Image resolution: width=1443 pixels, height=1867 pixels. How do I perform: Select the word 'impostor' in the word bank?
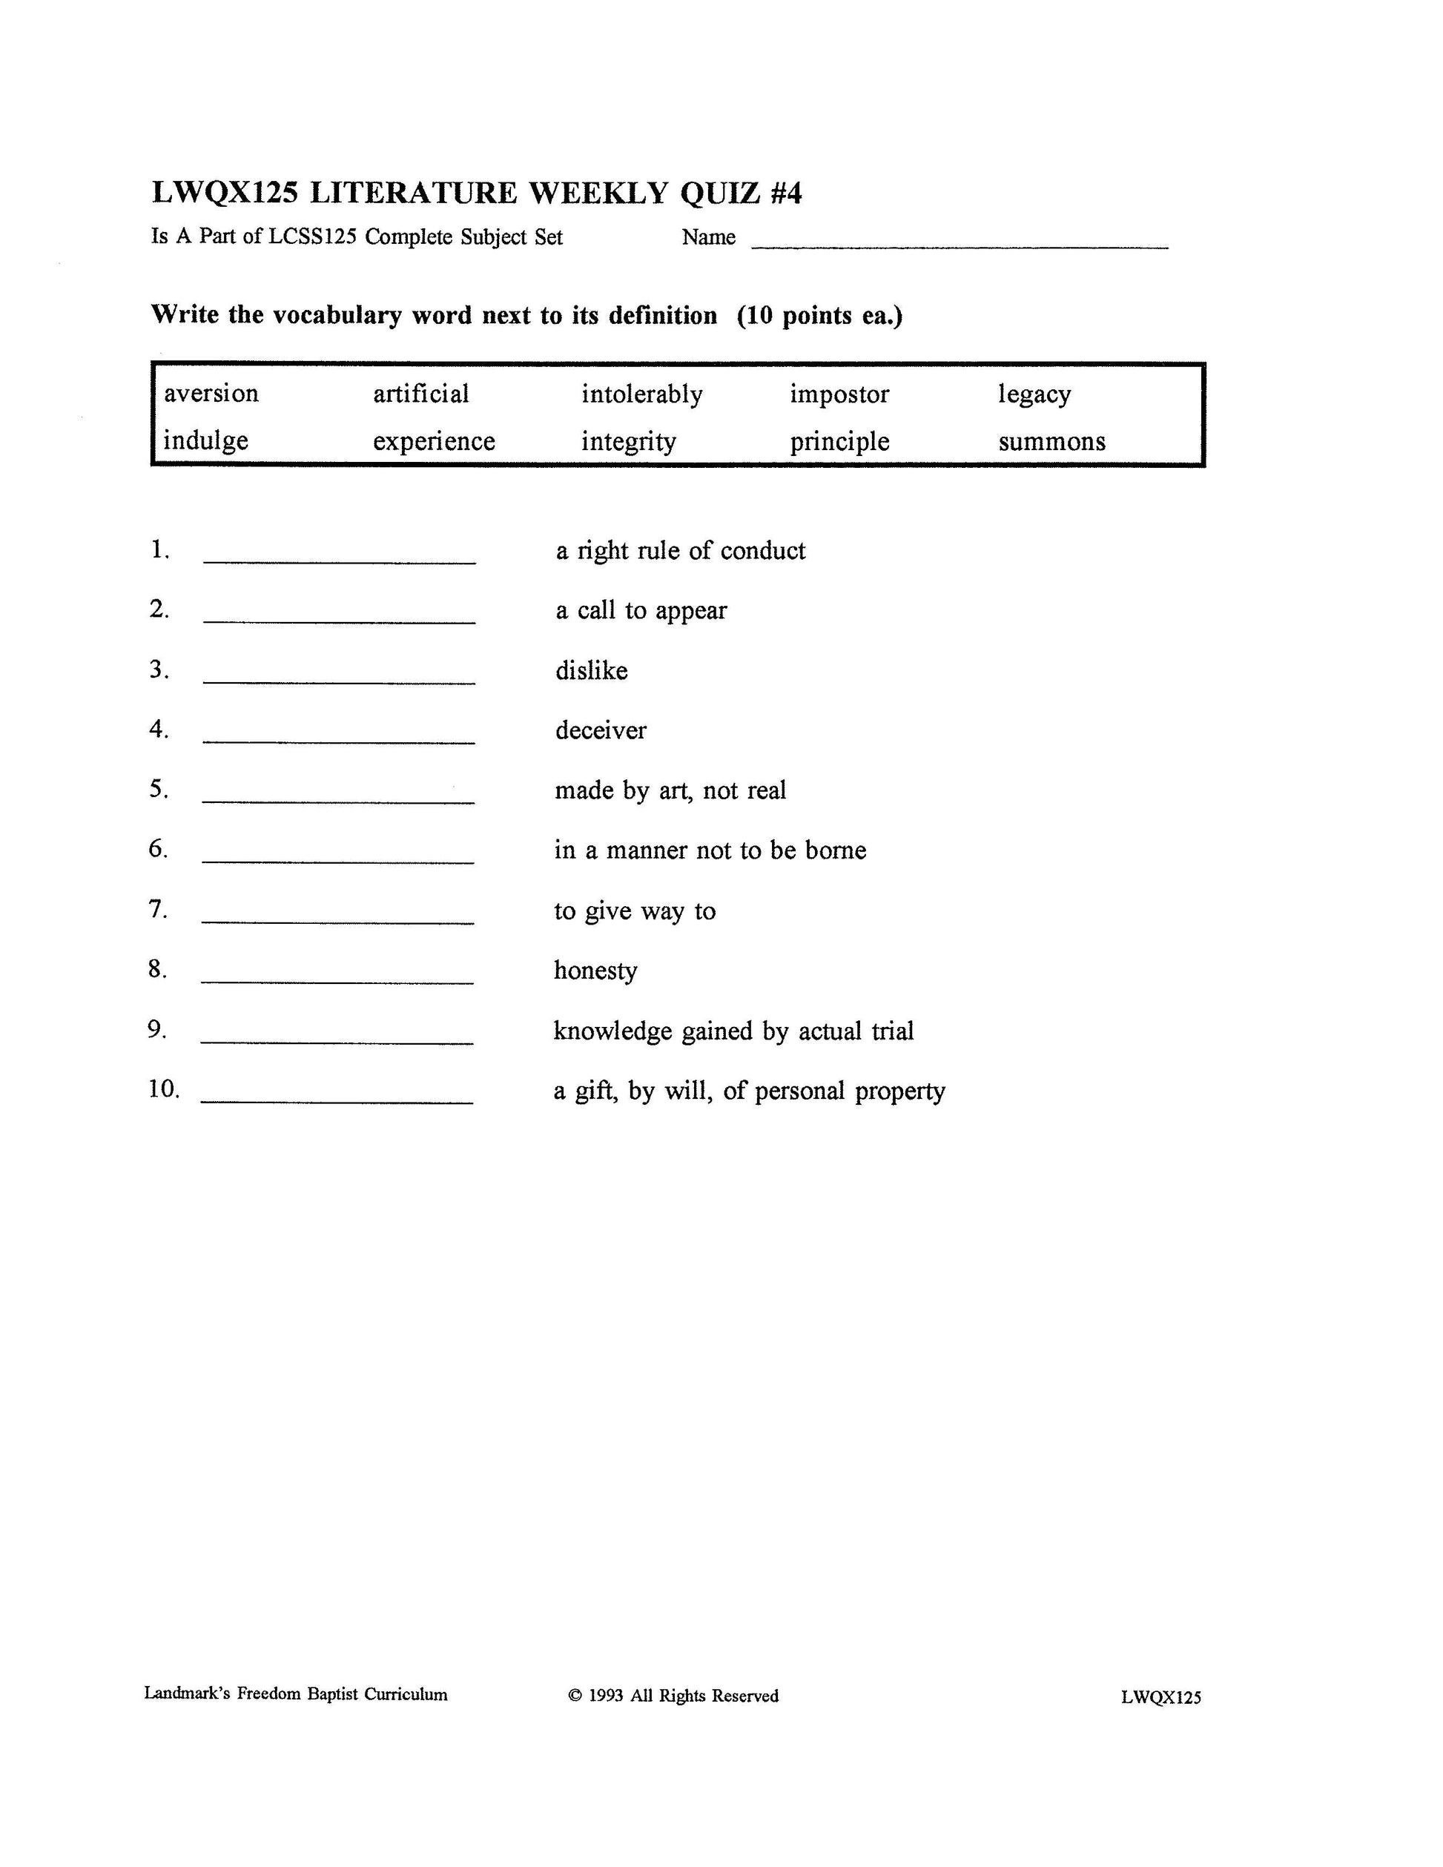pyautogui.click(x=839, y=394)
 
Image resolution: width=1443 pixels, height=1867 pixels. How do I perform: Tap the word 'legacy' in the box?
pyautogui.click(x=1034, y=394)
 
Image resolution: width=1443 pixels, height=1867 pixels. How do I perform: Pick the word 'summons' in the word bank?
pyautogui.click(x=1051, y=441)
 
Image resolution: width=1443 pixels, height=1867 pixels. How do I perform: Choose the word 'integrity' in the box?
pyautogui.click(x=628, y=441)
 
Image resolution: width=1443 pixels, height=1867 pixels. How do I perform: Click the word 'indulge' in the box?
pyautogui.click(x=205, y=440)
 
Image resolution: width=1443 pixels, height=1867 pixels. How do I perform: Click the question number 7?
pyautogui.click(x=157, y=909)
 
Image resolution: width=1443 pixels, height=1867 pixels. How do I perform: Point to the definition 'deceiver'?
pyautogui.click(x=600, y=730)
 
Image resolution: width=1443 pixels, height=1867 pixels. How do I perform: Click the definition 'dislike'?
pyautogui.click(x=592, y=670)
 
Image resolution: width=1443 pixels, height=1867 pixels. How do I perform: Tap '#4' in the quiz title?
pyautogui.click(x=785, y=194)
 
